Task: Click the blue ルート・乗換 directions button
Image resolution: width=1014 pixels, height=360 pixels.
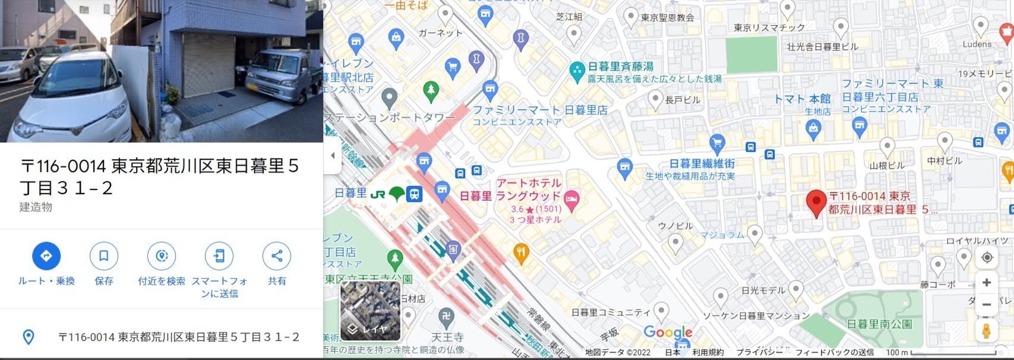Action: [46, 256]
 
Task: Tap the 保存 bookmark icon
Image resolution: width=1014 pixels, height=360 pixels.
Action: [103, 256]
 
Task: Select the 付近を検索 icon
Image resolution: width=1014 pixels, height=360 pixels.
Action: [161, 256]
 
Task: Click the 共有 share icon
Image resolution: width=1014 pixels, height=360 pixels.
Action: [277, 256]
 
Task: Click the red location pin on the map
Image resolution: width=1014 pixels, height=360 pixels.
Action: [817, 203]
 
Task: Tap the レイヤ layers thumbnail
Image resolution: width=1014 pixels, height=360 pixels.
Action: [370, 311]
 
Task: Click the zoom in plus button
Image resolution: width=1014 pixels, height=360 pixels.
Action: [987, 283]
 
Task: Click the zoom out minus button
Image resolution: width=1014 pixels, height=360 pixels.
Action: [987, 305]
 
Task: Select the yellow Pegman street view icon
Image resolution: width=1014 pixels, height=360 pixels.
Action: [987, 331]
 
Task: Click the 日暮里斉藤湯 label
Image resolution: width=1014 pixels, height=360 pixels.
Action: [620, 67]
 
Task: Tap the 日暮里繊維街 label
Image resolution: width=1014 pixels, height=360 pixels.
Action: [702, 163]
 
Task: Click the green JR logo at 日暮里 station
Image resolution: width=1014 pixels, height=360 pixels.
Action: [378, 194]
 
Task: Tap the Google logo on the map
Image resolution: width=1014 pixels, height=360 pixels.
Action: [668, 333]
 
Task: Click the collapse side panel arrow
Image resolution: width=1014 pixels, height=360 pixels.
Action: [333, 156]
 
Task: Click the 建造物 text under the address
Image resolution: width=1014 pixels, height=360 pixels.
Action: [36, 207]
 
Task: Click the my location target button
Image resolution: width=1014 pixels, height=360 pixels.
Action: [987, 257]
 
